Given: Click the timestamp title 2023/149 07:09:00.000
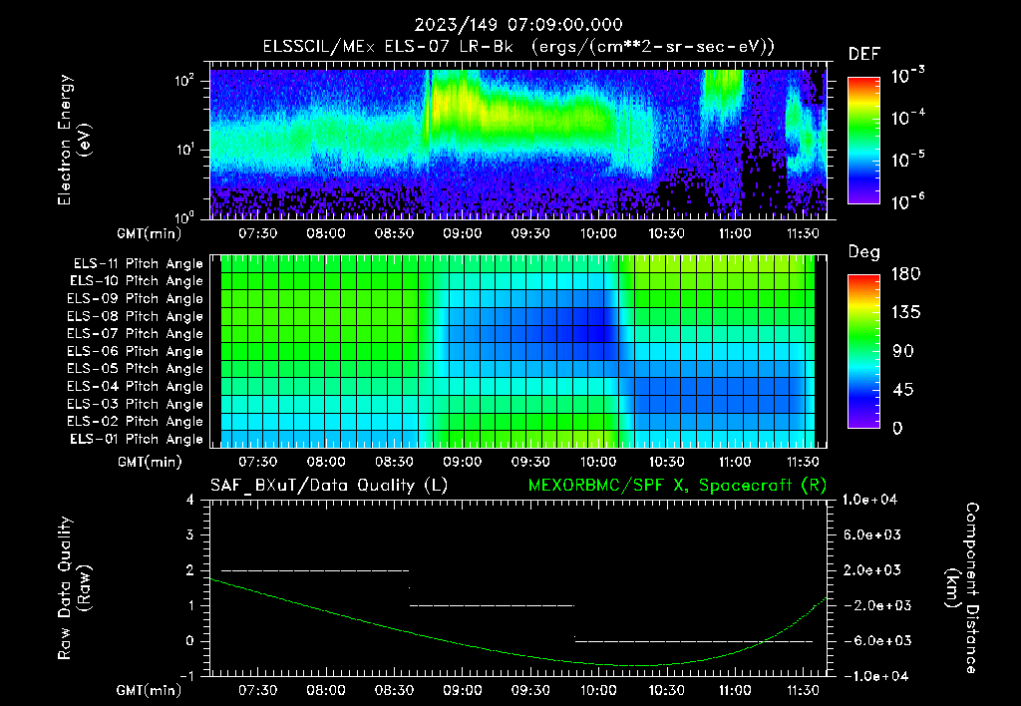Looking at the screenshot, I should click(510, 25).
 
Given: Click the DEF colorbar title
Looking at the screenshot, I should click(863, 55).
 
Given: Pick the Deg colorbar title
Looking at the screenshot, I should click(863, 252).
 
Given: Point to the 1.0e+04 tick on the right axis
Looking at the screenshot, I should click(872, 501).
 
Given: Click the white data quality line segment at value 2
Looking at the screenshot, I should click(314, 570).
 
